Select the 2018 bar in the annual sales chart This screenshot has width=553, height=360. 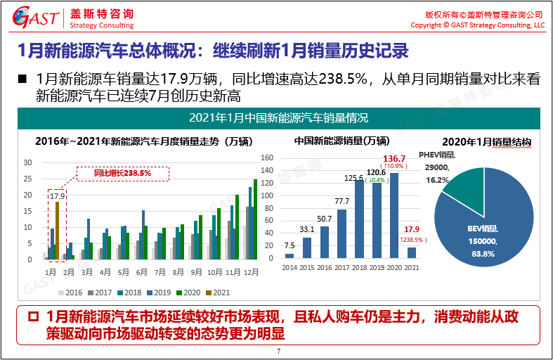coord(359,221)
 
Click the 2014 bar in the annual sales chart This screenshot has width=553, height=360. coord(289,256)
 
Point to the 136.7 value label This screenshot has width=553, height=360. coord(395,159)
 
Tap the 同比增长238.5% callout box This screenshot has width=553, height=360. coord(123,172)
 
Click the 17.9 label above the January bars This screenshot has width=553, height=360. coord(57,196)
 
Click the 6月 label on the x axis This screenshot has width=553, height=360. coord(142,271)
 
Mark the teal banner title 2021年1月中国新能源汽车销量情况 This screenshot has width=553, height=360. coord(278,117)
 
